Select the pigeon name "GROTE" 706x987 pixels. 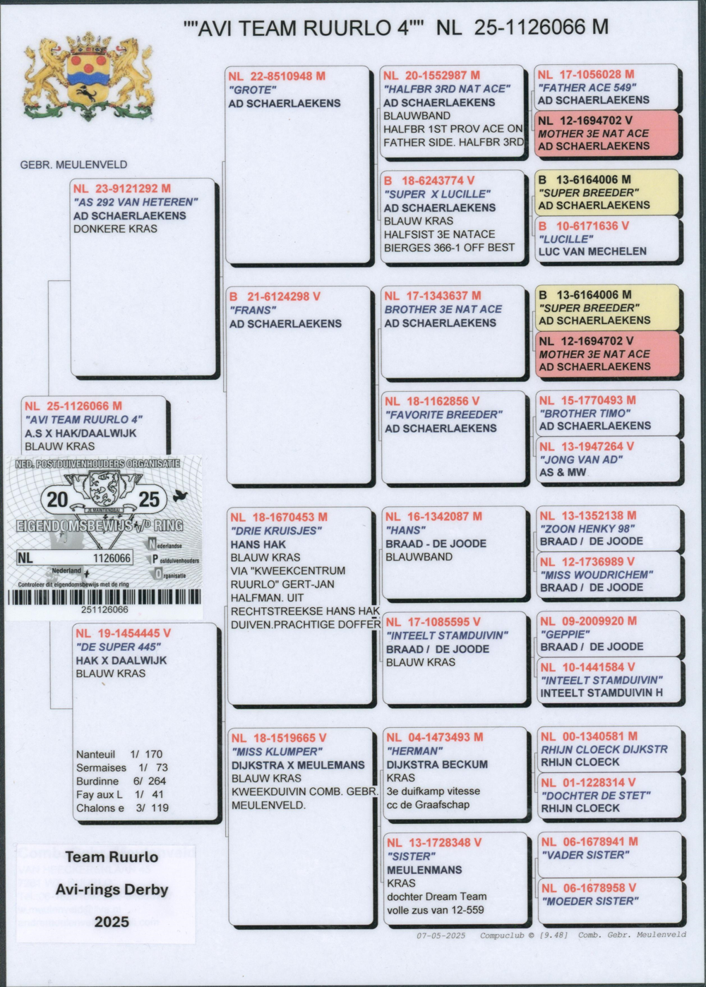pyautogui.click(x=252, y=90)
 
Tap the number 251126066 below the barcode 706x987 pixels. pyautogui.click(x=104, y=610)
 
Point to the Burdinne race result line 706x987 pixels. pyautogui.click(x=121, y=782)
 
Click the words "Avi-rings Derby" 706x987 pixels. pyautogui.click(x=112, y=890)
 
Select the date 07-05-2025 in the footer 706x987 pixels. pyautogui.click(x=441, y=935)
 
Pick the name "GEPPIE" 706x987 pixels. pyautogui.click(x=564, y=634)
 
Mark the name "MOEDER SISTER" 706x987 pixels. pyautogui.click(x=590, y=901)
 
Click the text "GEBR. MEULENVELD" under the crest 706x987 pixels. pyautogui.click(x=73, y=164)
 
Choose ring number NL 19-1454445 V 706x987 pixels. pyautogui.click(x=124, y=633)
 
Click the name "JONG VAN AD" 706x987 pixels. pyautogui.click(x=581, y=460)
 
